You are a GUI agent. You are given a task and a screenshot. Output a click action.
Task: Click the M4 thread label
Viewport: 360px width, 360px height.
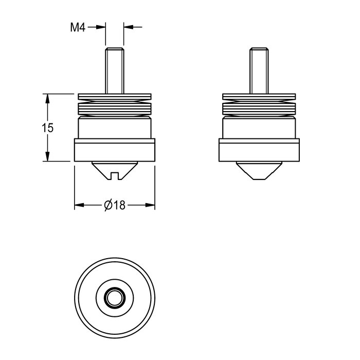click(78, 28)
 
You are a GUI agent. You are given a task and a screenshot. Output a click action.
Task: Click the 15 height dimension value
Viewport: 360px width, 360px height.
click(47, 128)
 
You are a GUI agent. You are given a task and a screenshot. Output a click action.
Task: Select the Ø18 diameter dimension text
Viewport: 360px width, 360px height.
click(115, 205)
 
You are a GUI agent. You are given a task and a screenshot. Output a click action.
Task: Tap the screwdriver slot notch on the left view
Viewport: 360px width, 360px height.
click(115, 176)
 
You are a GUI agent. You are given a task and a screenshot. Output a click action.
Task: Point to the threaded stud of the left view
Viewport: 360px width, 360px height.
click(115, 71)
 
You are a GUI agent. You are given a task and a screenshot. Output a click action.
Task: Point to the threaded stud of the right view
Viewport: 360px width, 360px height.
click(259, 71)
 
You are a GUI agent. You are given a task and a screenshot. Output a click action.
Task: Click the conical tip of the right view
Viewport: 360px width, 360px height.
click(259, 171)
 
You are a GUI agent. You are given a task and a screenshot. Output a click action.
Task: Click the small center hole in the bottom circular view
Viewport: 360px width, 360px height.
click(115, 298)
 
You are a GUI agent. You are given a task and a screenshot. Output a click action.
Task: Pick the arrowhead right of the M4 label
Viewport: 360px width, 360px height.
click(101, 27)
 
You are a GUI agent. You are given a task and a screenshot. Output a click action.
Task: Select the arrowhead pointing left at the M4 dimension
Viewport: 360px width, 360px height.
click(129, 27)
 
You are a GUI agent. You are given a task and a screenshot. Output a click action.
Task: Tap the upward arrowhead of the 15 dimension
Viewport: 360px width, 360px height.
click(47, 99)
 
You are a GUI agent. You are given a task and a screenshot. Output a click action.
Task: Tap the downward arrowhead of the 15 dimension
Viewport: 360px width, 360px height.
click(47, 156)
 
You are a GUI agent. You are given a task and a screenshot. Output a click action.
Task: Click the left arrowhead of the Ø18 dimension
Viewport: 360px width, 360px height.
click(79, 205)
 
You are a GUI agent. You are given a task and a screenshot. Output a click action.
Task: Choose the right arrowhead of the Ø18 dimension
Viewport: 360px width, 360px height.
click(150, 205)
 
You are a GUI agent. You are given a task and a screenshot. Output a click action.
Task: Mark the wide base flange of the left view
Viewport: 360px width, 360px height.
click(115, 150)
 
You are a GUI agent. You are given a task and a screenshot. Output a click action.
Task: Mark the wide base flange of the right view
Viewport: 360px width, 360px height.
click(259, 150)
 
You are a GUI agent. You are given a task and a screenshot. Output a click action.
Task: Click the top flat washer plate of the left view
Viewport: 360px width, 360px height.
click(115, 97)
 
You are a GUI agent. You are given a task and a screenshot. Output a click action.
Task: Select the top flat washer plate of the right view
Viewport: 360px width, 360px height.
click(259, 97)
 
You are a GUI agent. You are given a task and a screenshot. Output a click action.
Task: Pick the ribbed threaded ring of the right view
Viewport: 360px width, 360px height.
click(259, 109)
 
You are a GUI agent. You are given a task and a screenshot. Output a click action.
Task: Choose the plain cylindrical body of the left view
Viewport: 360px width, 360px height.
click(115, 128)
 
